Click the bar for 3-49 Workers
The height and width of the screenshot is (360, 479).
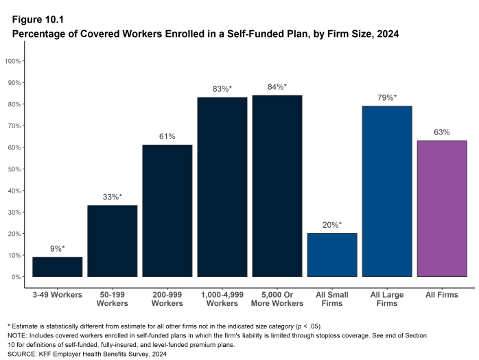click(58, 267)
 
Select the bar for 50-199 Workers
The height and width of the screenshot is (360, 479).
click(113, 241)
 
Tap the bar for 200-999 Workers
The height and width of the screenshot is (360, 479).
click(167, 211)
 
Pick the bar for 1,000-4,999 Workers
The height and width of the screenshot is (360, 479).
click(222, 187)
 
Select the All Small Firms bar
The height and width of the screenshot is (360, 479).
click(332, 255)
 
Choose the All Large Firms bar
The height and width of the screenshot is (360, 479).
click(387, 191)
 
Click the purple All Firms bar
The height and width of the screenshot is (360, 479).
click(442, 208)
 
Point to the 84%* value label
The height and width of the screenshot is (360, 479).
click(277, 87)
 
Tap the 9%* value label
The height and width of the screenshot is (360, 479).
click(58, 249)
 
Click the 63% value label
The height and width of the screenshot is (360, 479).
click(442, 132)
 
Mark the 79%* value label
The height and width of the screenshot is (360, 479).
click(387, 98)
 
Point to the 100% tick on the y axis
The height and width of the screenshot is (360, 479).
click(14, 61)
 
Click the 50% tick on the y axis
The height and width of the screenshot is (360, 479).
click(16, 169)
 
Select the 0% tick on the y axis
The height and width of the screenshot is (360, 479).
click(18, 277)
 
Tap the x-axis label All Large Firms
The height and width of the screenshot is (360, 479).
click(387, 298)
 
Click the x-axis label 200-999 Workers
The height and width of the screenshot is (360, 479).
click(167, 298)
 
